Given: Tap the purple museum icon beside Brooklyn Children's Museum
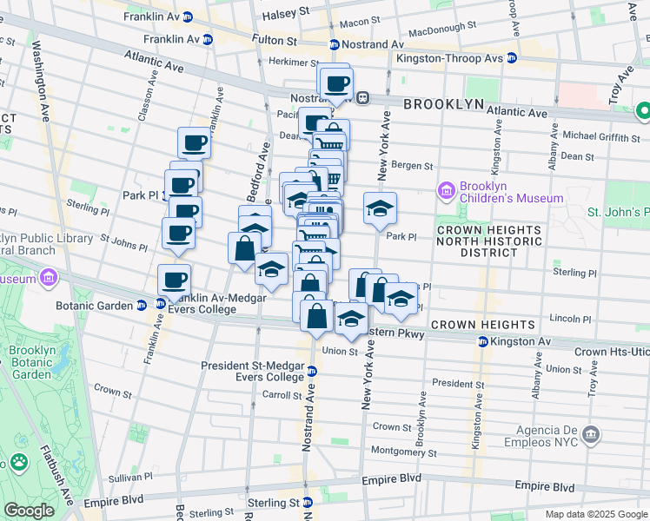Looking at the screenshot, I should click(447, 190).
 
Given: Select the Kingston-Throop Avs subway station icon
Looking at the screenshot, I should click(512, 58).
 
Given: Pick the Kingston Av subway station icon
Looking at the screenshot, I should click(483, 342).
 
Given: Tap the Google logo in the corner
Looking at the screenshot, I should click(29, 511).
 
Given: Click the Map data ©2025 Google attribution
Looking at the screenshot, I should click(595, 514).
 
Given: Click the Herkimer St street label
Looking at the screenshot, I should click(269, 63).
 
